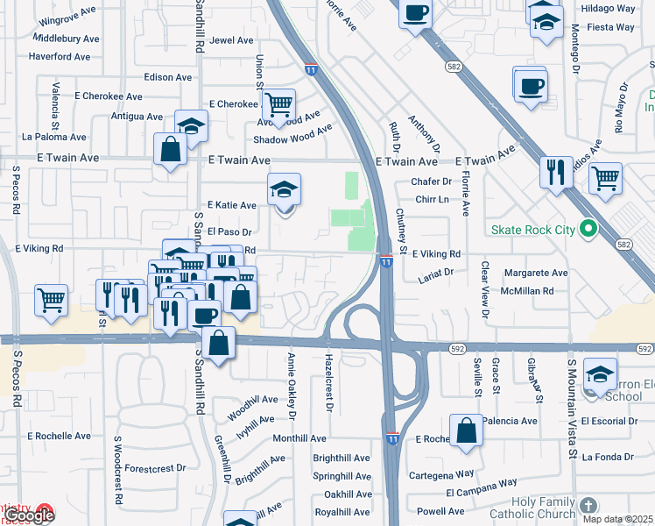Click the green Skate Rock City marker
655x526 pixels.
click(588, 230)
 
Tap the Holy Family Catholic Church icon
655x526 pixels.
click(588, 506)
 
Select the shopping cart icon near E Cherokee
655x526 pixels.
click(278, 106)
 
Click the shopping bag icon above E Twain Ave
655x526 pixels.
click(170, 150)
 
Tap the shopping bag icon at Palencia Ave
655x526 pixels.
click(467, 431)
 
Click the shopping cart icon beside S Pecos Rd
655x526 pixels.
click(52, 300)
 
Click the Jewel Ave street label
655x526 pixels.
click(232, 40)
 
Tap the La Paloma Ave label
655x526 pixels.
click(54, 137)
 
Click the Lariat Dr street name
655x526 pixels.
click(435, 273)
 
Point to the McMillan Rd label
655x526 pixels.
click(528, 290)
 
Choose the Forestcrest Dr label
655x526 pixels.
click(155, 468)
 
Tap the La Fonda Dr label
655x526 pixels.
click(607, 457)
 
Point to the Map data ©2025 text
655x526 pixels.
click(615, 519)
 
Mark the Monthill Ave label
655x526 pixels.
click(299, 438)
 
